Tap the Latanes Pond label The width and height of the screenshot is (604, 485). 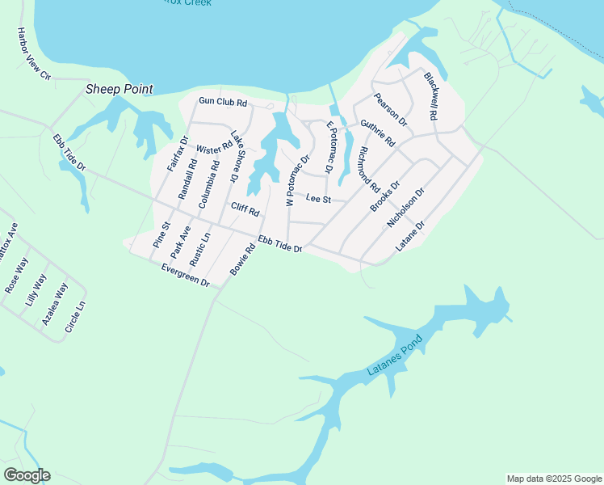395,359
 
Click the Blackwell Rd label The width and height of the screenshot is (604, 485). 430,96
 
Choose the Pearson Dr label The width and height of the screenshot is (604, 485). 391,110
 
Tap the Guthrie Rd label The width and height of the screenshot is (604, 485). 378,133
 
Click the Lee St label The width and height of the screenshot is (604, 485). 318,198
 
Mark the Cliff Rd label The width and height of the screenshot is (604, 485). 245,210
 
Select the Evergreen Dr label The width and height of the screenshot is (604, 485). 185,276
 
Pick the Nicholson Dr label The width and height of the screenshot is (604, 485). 405,209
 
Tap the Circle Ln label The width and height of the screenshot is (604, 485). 75,316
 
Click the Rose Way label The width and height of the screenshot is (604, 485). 16,275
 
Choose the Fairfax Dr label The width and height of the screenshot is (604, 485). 178,153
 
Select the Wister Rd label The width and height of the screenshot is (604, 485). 214,149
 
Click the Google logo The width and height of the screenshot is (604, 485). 27,475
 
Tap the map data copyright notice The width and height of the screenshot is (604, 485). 554,479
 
